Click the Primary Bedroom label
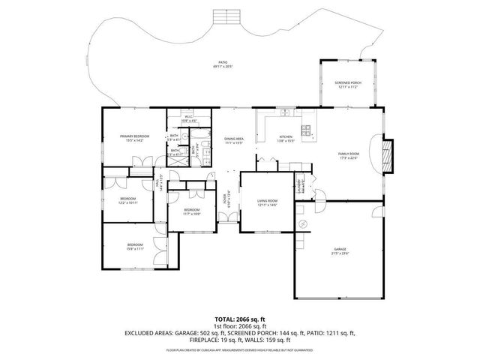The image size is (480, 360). click(135, 137)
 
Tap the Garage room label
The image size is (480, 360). click(340, 251)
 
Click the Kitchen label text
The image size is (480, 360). click(285, 137)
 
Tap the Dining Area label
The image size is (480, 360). click(234, 140)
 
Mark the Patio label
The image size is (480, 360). click(223, 65)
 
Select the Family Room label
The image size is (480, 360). click(349, 155)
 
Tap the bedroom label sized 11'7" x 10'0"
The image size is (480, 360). click(191, 211)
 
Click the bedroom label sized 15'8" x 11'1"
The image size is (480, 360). click(135, 247)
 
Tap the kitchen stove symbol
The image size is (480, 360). click(285, 113)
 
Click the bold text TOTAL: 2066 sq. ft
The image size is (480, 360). click(239, 319)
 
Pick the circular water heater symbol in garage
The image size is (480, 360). click(302, 225)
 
